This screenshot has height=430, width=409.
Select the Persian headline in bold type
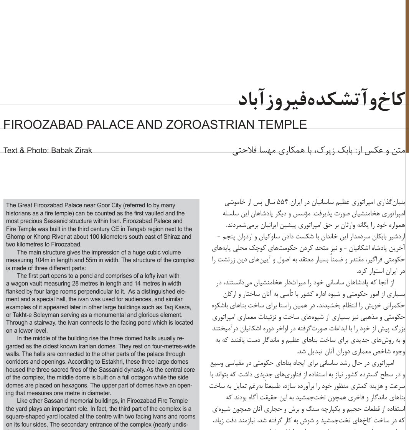pos(322,99)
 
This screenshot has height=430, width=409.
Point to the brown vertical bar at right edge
pos(407,77)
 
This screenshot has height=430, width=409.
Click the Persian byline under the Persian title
pos(318,151)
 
